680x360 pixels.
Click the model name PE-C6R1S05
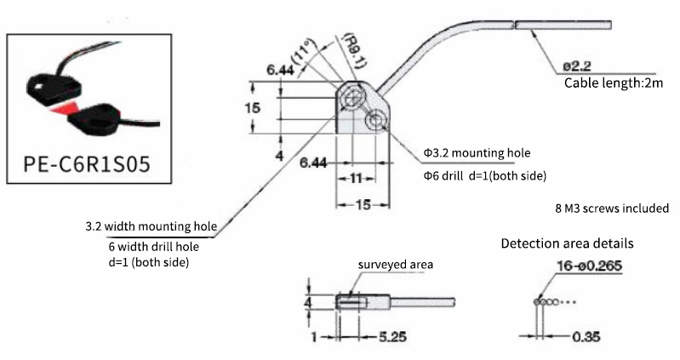coord(87,164)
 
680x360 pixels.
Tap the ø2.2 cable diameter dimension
coord(577,66)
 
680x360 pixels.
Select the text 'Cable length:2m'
coord(614,83)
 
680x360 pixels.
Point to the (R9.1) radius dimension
coord(355,50)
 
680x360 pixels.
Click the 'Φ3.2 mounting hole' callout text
coord(477,152)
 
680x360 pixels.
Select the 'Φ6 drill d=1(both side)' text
coord(484,175)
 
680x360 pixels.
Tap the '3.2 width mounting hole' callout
coord(151,226)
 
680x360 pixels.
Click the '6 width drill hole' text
coord(153,246)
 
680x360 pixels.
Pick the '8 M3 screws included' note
coord(612,209)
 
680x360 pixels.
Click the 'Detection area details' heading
coord(567,243)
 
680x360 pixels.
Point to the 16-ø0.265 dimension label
coord(590,266)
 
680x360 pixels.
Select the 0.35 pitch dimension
coord(586,336)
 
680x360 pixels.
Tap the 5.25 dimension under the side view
coord(392,336)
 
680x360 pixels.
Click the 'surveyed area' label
coord(395,265)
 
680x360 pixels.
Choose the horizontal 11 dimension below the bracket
coord(356,178)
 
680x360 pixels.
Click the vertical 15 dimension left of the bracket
coord(253,107)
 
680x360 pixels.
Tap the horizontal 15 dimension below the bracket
coord(363,205)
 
